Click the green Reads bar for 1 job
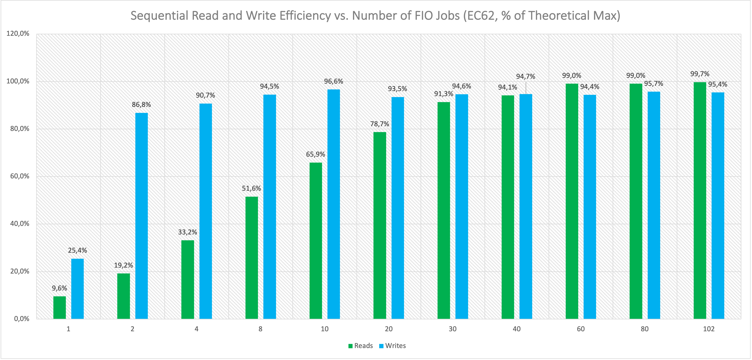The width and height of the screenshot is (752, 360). click(x=60, y=308)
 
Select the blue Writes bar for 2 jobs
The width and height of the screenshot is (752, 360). click(x=142, y=216)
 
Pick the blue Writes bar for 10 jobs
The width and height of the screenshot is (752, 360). click(x=334, y=204)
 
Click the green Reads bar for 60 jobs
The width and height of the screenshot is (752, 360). click(x=572, y=201)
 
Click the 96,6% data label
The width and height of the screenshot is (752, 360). click(x=333, y=81)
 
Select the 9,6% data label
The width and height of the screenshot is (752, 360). click(x=60, y=288)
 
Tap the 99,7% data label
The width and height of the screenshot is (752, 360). click(x=700, y=74)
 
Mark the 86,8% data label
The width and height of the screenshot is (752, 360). click(x=141, y=104)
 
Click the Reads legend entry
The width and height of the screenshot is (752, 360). click(x=361, y=346)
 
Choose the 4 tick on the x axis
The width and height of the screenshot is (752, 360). click(x=197, y=329)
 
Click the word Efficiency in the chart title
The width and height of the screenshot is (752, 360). click(x=305, y=15)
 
